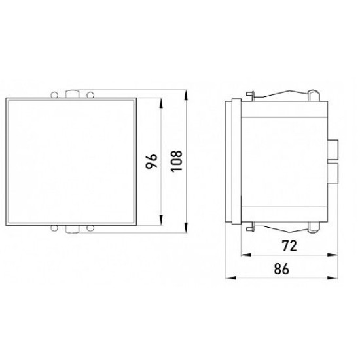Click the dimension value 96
coord(152,162)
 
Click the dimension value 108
coord(177,161)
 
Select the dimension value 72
coord(289,245)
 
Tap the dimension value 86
coord(281,268)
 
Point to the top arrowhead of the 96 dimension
coord(161,103)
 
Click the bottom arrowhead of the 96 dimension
coord(161,221)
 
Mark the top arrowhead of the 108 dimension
coord(186,95)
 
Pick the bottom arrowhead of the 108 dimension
coord(186,228)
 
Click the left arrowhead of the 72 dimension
coord(246,255)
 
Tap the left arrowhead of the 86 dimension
coord(231,278)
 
